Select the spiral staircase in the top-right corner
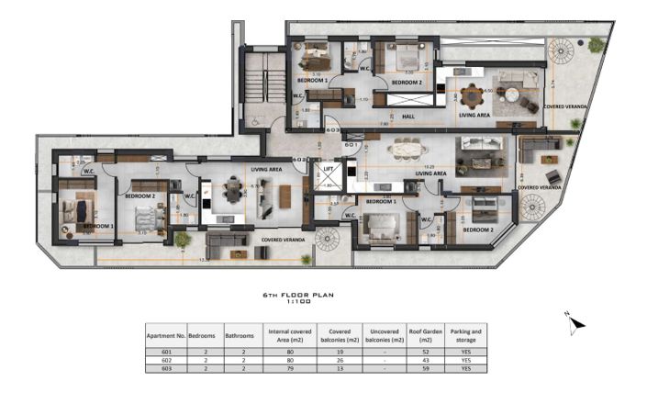561,53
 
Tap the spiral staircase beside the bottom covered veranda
328,240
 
